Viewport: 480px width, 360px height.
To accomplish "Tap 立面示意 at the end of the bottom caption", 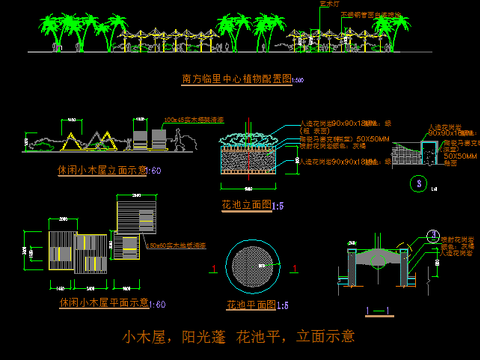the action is pyautogui.click(x=325, y=336).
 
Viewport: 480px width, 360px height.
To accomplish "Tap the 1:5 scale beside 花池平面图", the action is pyautogui.click(x=284, y=305).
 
